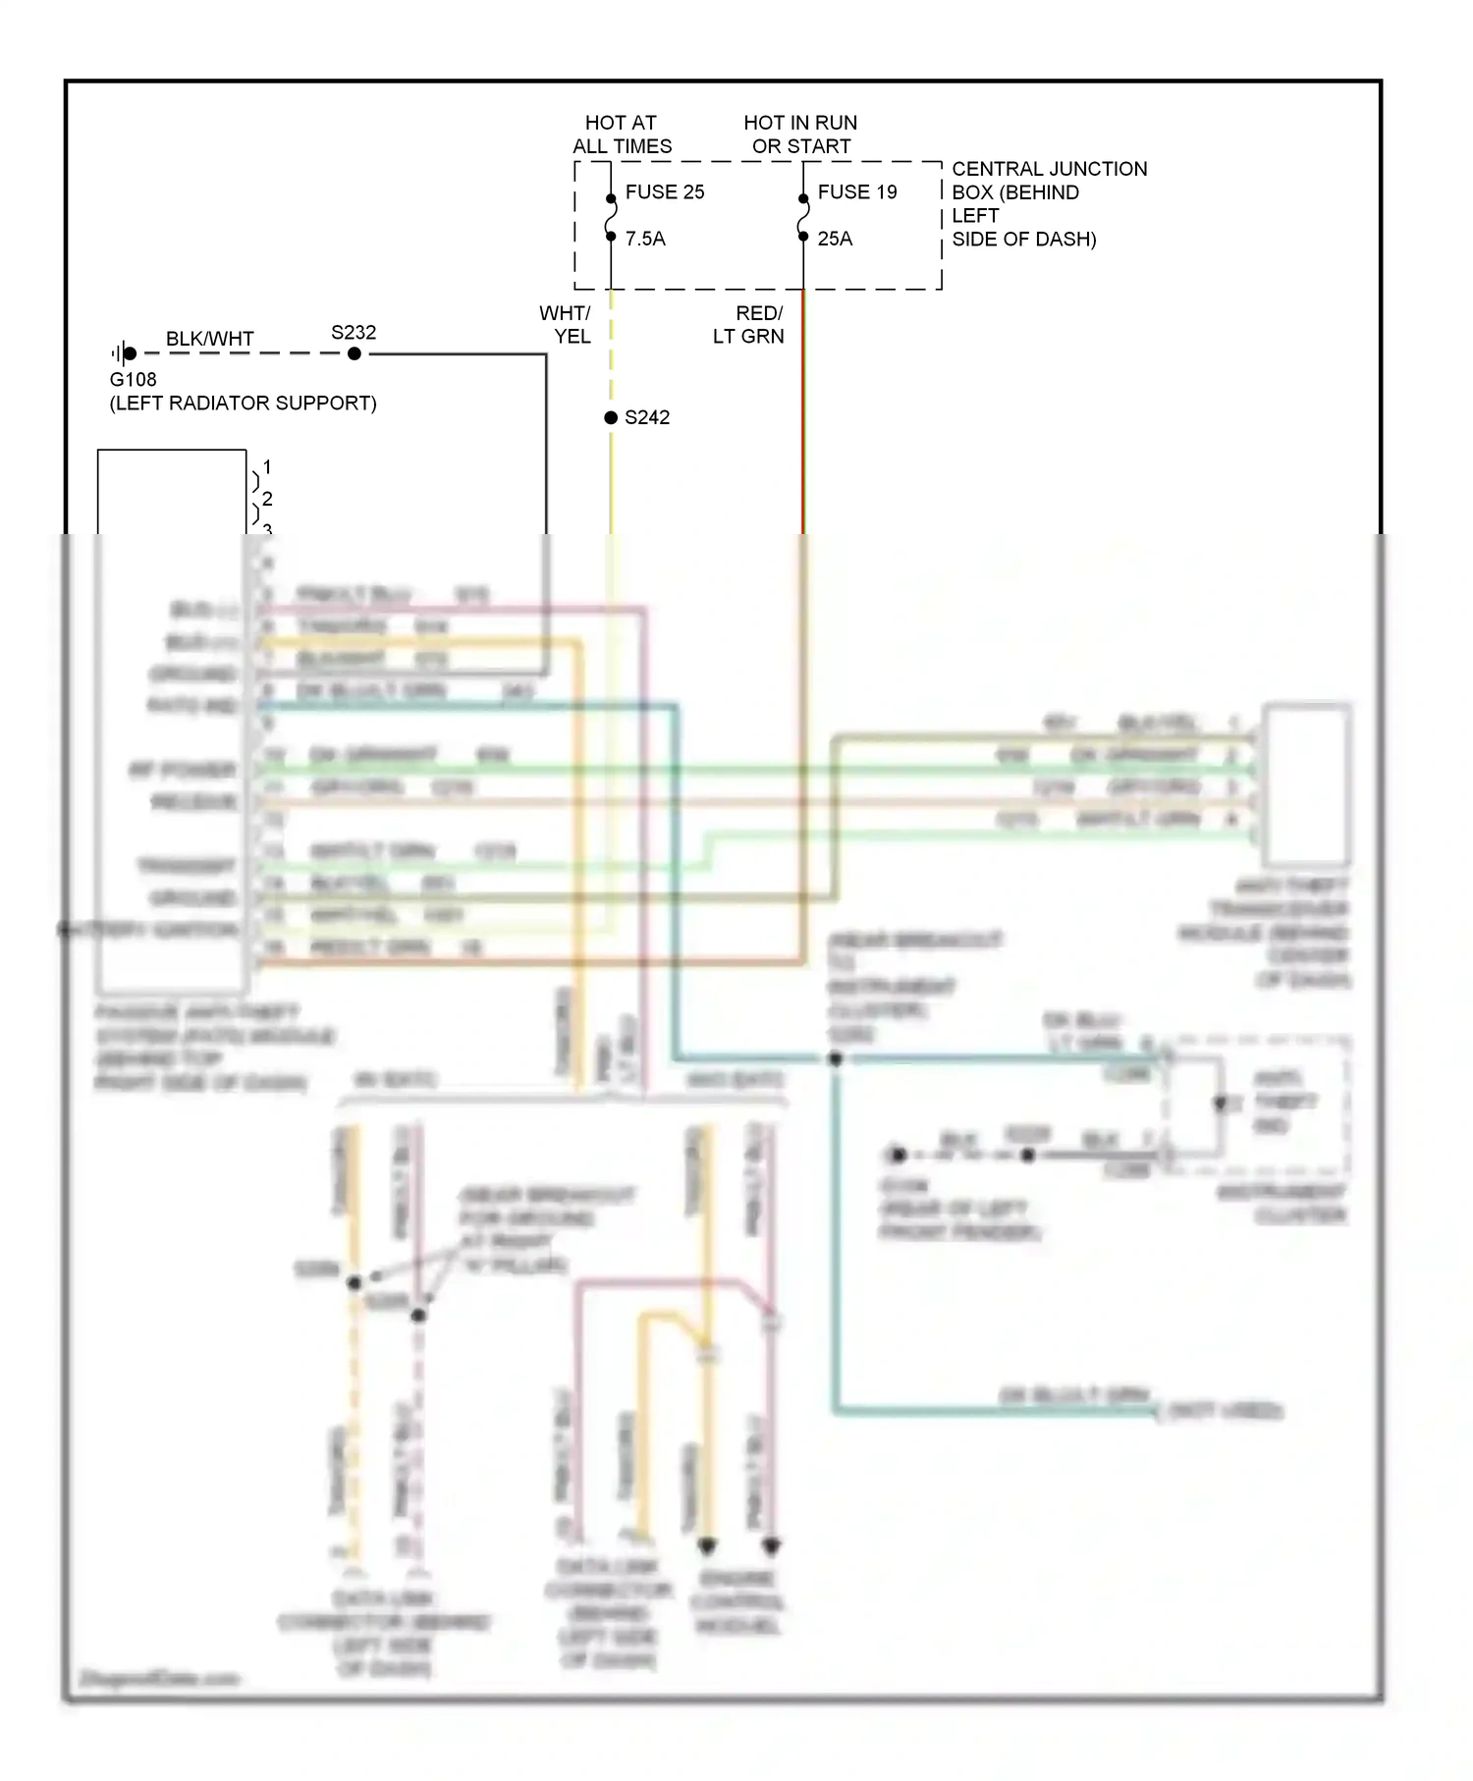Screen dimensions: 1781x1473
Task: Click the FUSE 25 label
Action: (665, 192)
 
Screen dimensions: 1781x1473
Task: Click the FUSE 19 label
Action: (857, 192)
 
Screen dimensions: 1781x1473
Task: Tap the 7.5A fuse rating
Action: (645, 239)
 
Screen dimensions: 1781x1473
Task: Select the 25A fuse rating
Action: (835, 239)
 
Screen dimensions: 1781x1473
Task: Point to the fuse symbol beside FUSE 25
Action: (611, 217)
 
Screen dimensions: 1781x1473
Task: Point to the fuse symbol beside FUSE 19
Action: (803, 217)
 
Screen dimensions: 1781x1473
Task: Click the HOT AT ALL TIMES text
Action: (622, 135)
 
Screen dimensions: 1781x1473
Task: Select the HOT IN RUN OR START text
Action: (800, 135)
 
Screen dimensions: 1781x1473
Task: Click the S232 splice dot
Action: (355, 353)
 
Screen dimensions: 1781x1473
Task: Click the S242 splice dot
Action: (611, 417)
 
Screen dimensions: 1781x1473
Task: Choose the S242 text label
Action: (647, 417)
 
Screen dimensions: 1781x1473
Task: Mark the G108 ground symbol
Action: (124, 353)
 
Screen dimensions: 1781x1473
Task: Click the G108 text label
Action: (133, 380)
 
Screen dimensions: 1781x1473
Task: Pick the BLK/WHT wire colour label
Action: (209, 339)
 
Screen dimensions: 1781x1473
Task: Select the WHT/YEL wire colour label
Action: (566, 325)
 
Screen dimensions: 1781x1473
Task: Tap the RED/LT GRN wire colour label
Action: (749, 325)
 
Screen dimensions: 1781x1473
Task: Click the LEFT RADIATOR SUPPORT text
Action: (243, 404)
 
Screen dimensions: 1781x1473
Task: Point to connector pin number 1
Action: (267, 467)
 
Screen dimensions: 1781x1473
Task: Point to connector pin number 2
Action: (267, 499)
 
